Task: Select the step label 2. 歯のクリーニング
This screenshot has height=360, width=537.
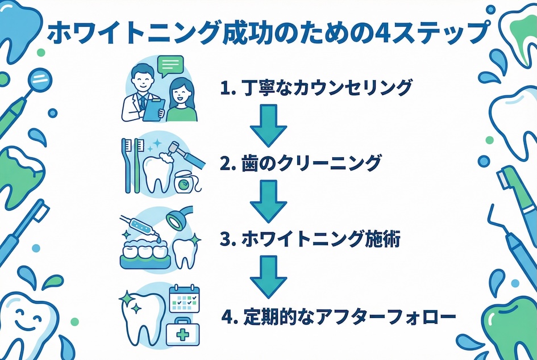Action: [x=299, y=164]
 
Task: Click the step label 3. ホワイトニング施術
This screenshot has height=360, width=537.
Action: [x=310, y=240]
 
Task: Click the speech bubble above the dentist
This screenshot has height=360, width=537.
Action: [x=171, y=66]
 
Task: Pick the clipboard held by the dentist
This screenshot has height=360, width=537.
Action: [x=152, y=108]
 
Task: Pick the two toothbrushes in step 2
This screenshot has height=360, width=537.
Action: [x=130, y=165]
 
